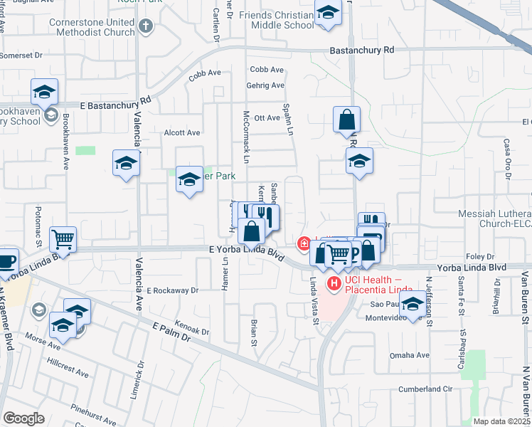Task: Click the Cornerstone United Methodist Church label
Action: point(91,27)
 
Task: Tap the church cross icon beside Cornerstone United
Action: point(146,27)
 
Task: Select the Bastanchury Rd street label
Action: point(362,51)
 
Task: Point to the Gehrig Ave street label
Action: point(265,85)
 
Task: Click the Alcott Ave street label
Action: point(182,132)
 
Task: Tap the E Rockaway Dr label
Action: point(172,290)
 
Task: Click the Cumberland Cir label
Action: point(425,389)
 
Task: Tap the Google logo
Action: point(23,418)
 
